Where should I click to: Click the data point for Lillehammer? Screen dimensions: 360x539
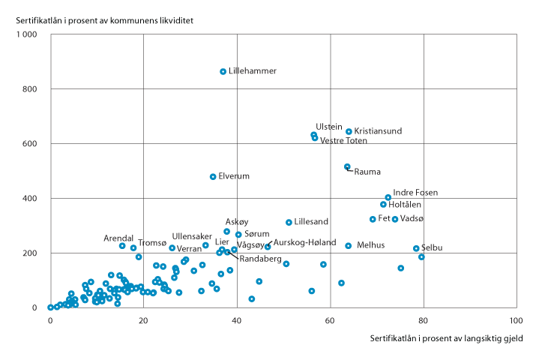223,71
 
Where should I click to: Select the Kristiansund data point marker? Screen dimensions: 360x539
349,131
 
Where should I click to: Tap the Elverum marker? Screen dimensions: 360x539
213,177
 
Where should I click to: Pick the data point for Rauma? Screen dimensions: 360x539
347,166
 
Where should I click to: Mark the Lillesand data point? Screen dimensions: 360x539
289,222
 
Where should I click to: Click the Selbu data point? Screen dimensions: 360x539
416,248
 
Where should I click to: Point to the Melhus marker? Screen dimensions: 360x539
348,245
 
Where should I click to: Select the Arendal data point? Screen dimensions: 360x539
122,245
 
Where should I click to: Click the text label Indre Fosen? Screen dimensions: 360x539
415,193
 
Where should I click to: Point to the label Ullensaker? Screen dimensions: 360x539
192,236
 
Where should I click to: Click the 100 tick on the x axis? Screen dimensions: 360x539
516,320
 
